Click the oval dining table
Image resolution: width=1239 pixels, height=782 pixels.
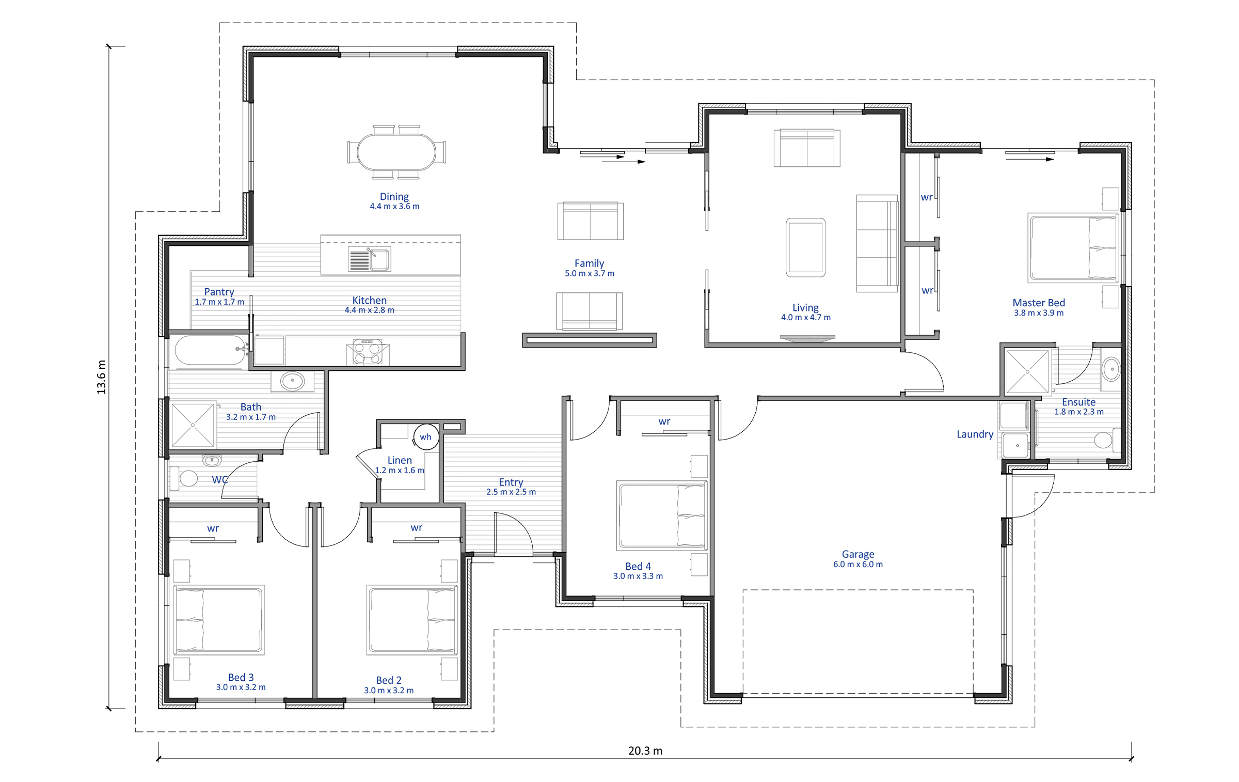point(396,152)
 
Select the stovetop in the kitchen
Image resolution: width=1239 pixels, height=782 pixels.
point(368,352)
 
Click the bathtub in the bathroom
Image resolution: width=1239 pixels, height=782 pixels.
point(211,350)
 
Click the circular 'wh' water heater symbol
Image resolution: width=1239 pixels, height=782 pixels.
point(426,437)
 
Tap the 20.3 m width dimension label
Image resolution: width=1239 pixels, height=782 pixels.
point(645,750)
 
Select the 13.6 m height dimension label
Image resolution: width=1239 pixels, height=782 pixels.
point(101,377)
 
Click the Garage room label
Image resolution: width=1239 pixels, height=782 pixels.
point(858,554)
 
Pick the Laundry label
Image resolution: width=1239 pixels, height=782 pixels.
point(975,434)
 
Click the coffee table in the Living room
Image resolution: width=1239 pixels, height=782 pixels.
point(806,247)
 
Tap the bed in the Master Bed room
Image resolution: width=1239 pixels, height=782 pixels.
point(1073,248)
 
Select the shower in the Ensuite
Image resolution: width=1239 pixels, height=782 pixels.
point(1027,371)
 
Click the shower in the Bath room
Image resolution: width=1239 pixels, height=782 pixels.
point(193,425)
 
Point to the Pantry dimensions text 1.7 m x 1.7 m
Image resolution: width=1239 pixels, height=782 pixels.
point(219,302)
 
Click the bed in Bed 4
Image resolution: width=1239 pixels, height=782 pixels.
point(662,515)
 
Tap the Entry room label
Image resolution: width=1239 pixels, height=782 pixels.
point(511,482)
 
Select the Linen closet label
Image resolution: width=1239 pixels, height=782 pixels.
point(400,460)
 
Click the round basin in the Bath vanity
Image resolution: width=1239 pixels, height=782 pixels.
point(293,381)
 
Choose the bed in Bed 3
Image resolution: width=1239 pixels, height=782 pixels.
point(219,620)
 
